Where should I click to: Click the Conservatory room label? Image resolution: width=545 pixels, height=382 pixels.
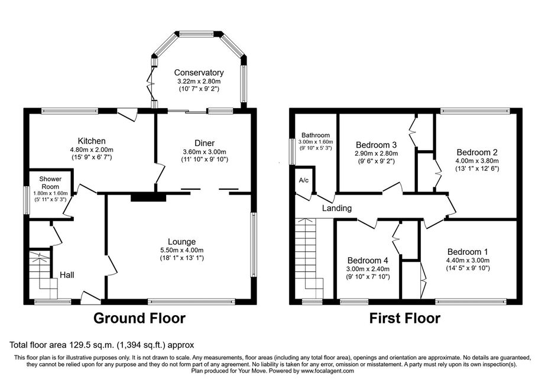coord(199,73)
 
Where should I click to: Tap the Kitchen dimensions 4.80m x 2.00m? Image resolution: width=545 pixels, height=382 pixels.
coord(92,150)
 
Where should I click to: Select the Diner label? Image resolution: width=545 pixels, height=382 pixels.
coord(205,143)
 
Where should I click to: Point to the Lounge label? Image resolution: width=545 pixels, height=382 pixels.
coord(182,242)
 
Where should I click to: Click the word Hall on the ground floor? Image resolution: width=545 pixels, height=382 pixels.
coord(67,275)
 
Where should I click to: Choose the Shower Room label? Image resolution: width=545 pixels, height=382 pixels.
coord(50,183)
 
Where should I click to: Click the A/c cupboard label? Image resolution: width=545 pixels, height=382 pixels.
coord(304,180)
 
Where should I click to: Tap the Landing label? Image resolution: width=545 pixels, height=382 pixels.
coord(337,208)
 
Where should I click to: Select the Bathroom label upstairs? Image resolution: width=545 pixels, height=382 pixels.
coord(316,135)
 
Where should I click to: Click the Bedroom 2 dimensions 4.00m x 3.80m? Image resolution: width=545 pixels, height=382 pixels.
coord(477,161)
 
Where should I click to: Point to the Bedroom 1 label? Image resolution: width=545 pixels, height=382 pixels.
coord(468,252)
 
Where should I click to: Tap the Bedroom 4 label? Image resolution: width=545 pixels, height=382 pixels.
coord(368,260)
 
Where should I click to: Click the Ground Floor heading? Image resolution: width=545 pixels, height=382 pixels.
coord(140,318)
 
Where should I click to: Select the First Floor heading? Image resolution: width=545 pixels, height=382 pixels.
coord(404,318)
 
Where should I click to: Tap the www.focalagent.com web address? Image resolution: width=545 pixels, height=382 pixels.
coord(327,371)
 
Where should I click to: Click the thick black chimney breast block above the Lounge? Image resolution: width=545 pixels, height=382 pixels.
coord(148,197)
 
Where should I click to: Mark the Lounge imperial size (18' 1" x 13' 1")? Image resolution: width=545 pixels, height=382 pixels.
coord(182,258)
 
